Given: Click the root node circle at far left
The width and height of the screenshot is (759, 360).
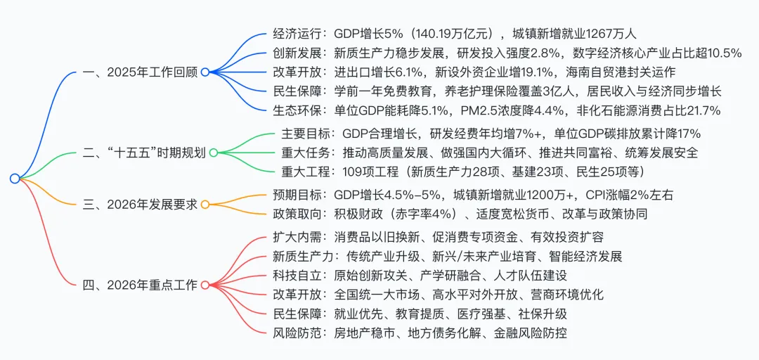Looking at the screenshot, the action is click(x=15, y=179).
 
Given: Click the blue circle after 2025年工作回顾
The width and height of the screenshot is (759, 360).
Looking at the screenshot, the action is click(x=205, y=72).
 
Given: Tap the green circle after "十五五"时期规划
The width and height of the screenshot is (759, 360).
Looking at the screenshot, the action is click(x=214, y=152).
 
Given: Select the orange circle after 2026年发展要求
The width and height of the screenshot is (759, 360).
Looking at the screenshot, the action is click(x=205, y=205).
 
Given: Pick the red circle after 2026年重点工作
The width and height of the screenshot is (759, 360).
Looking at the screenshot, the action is click(x=205, y=285).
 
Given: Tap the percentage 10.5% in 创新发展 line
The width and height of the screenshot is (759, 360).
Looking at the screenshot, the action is click(x=718, y=52).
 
